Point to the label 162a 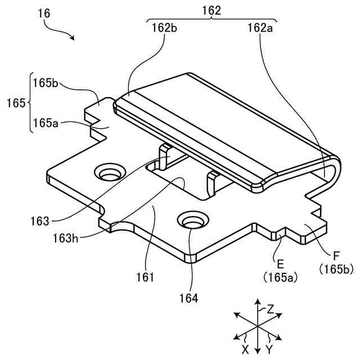click(x=260, y=28)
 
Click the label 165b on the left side click(x=46, y=83)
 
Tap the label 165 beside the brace click(x=16, y=103)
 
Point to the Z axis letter click(x=271, y=308)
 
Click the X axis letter click(x=245, y=349)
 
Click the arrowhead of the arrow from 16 click(x=73, y=38)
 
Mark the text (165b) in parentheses click(x=335, y=269)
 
